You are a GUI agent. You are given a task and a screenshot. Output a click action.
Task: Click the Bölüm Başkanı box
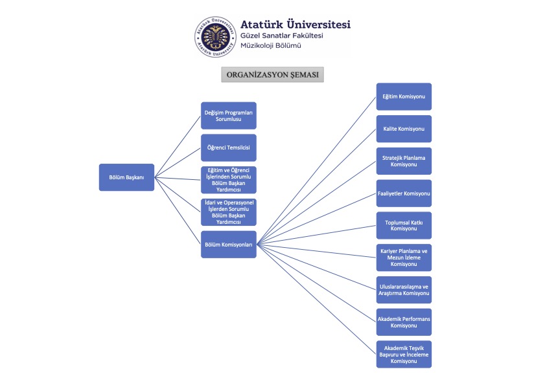coord(126,177)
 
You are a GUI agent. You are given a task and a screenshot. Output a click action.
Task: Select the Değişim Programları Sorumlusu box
coord(228,116)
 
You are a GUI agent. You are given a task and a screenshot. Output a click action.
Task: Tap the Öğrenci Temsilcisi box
coord(228,148)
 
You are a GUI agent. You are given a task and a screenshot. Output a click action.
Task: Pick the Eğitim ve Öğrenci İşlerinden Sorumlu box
coord(228,179)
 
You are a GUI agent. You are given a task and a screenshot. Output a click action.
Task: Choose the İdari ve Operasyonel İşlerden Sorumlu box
coord(228,212)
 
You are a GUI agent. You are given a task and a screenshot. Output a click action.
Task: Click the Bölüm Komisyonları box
coord(228,245)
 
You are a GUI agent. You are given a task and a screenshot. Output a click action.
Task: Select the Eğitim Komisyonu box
coord(404,96)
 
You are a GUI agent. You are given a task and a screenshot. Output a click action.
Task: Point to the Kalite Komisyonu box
coord(404,129)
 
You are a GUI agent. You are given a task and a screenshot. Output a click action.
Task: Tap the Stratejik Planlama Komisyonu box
coord(404,161)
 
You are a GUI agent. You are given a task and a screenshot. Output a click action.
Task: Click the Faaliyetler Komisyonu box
coord(404,193)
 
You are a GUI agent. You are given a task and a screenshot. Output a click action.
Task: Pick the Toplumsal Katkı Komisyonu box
coord(404,225)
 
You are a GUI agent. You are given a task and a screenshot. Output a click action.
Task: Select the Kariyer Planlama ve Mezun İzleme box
coord(404,258)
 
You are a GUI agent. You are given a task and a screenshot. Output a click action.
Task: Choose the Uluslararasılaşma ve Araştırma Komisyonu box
coord(404,290)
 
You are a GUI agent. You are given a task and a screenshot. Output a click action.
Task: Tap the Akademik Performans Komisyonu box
coord(404,322)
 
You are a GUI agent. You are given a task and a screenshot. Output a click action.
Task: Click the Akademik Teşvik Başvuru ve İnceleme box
coord(404,354)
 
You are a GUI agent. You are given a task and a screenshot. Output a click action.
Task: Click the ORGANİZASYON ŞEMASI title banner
coord(273,74)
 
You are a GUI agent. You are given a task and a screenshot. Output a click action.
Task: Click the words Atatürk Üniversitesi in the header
coord(295,24)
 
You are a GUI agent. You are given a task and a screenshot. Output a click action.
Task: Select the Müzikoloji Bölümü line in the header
coord(270,46)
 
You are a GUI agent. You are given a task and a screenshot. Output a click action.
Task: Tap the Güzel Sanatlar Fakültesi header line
coord(281,36)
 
